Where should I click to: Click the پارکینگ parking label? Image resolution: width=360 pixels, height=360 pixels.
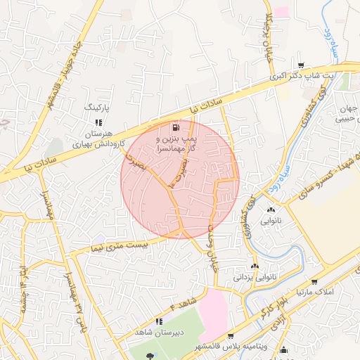click(x=98, y=108)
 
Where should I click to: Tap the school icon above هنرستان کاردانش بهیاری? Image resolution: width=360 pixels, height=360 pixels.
click(x=98, y=122)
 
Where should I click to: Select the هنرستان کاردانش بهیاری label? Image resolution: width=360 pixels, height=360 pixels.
click(x=98, y=138)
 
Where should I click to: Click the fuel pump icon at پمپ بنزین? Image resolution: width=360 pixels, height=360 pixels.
click(x=176, y=128)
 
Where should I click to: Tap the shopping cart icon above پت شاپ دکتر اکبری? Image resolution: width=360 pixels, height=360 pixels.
click(x=301, y=63)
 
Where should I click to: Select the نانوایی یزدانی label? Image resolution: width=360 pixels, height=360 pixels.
click(x=252, y=277)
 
